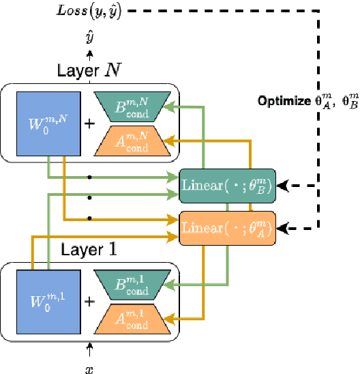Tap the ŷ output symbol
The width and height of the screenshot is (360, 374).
(x=89, y=38)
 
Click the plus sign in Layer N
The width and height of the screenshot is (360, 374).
(x=89, y=124)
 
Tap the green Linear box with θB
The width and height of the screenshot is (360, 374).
(x=227, y=185)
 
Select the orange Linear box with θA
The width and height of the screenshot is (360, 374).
(x=227, y=228)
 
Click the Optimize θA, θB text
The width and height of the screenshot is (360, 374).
(x=307, y=101)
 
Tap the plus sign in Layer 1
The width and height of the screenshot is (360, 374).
(x=89, y=301)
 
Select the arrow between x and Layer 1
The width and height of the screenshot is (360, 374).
(x=89, y=349)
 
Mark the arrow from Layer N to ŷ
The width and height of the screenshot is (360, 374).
(x=89, y=57)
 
